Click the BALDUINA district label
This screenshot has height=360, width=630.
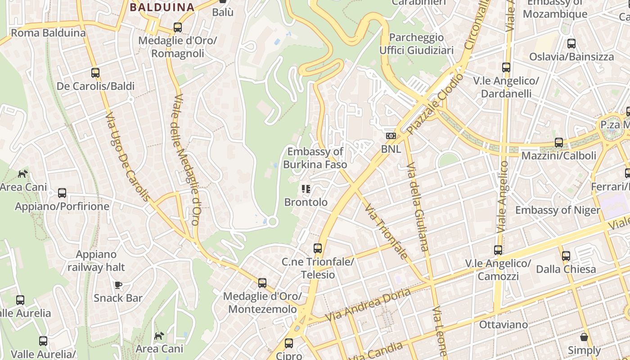[x=162, y=7]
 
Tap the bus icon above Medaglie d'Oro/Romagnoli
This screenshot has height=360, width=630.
[x=178, y=27]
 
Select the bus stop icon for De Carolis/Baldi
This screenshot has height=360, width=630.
[x=95, y=72]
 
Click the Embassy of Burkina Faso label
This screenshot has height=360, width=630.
[x=315, y=158]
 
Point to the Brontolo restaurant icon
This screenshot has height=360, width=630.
[x=306, y=189]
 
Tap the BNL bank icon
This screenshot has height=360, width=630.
[x=391, y=136]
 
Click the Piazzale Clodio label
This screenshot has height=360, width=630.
[x=435, y=104]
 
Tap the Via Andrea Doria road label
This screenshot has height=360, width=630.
[x=368, y=305]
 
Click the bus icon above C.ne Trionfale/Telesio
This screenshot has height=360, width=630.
[x=318, y=248]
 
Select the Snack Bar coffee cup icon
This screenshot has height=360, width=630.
[x=118, y=285]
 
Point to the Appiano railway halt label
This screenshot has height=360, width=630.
[x=96, y=261]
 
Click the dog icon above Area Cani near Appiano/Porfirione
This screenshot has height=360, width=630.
[x=22, y=174]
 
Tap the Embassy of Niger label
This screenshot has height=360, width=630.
[x=558, y=210]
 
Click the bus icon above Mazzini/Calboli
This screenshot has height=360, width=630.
[x=558, y=143]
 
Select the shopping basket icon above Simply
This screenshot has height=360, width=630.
[x=584, y=337]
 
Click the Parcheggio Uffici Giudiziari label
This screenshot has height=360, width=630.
[x=416, y=44]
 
